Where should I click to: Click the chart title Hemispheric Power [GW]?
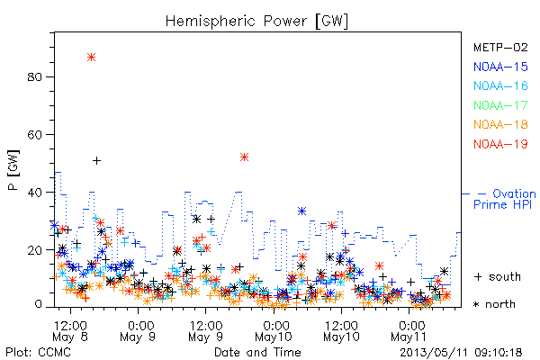(x=256, y=22)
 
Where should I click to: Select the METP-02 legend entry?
(x=500, y=47)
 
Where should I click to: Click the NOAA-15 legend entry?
(x=500, y=67)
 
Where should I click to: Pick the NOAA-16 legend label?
(x=500, y=85)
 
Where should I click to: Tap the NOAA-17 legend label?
(x=500, y=105)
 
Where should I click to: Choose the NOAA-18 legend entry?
(x=500, y=124)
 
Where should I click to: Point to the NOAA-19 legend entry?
(x=500, y=144)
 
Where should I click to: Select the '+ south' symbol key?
(x=498, y=276)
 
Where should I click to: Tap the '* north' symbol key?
(x=494, y=304)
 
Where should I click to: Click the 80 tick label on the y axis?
(x=34, y=76)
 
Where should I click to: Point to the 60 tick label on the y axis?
(x=34, y=134)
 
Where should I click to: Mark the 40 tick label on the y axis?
(x=34, y=193)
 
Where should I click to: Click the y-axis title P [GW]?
(x=13, y=170)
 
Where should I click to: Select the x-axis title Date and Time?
(x=257, y=353)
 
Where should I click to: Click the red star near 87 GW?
(x=91, y=58)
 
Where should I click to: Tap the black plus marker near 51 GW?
(x=97, y=160)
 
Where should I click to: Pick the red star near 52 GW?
(x=244, y=157)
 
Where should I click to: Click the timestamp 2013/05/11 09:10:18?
(x=461, y=353)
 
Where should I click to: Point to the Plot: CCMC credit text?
(x=38, y=353)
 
